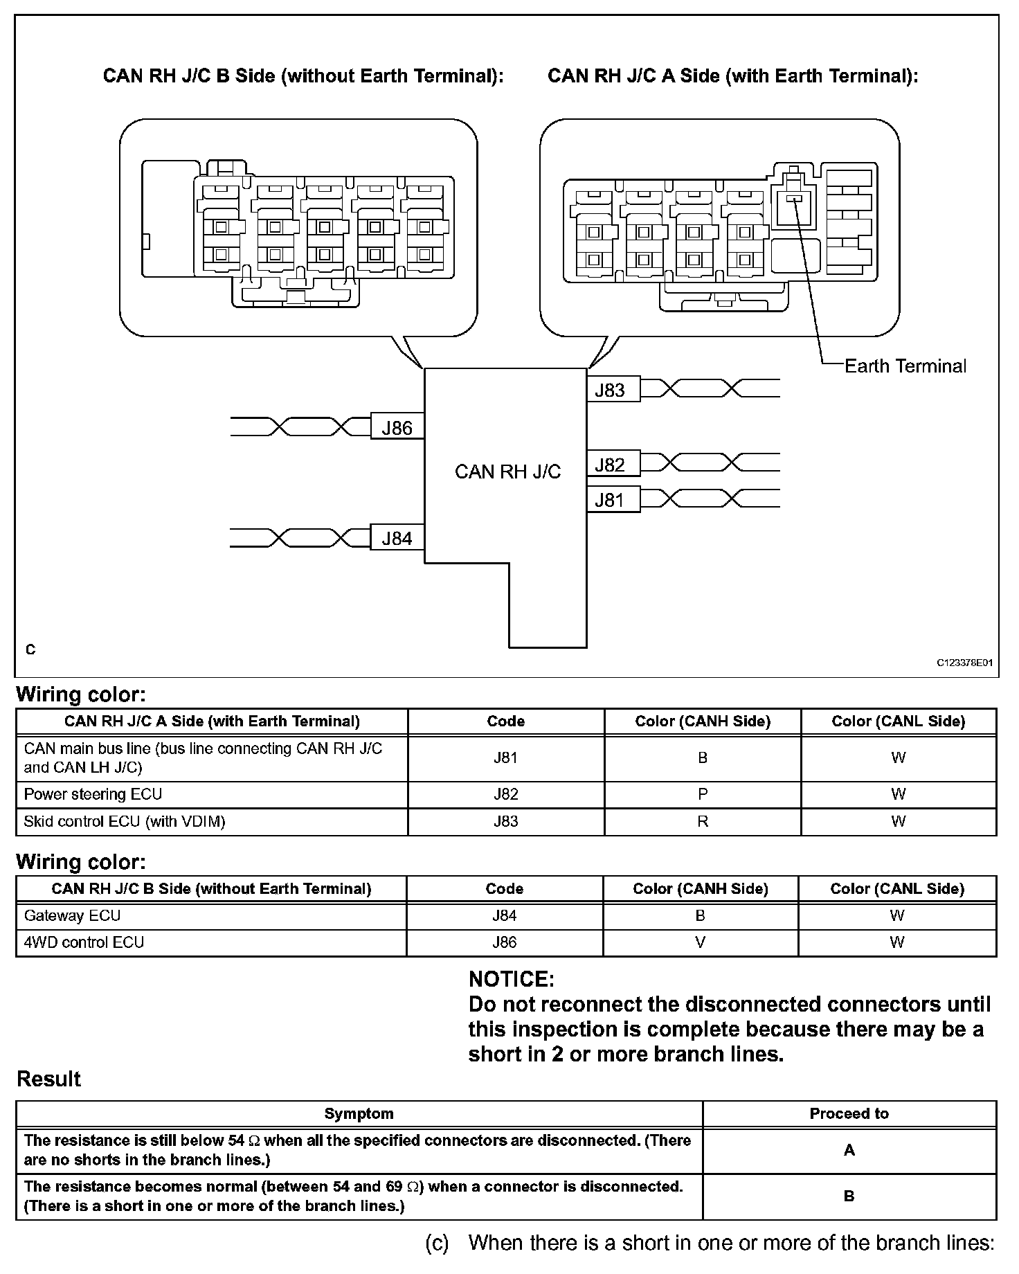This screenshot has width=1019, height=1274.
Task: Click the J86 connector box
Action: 397,428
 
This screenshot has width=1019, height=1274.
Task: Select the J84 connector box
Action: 397,538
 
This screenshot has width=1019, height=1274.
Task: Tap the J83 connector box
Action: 613,390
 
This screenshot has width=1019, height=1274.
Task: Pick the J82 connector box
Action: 613,465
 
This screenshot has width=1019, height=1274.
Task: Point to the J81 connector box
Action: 613,500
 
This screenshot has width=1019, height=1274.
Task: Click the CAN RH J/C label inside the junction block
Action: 507,472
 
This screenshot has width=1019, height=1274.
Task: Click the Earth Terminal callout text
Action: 905,366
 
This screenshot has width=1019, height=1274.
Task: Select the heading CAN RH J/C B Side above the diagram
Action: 303,75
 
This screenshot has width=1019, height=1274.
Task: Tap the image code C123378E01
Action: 965,663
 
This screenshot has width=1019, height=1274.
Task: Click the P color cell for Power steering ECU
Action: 703,794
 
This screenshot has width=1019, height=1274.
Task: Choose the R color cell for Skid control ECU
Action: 703,821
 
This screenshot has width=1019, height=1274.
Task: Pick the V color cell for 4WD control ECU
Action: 700,942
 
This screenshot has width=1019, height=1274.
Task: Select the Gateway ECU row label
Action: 72,915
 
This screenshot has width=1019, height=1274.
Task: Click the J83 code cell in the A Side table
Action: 506,821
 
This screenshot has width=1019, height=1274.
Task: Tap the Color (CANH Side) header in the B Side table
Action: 700,889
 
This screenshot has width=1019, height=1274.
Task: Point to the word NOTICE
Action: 512,979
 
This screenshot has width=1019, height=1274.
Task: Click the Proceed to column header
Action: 849,1113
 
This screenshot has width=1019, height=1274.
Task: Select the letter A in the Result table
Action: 849,1150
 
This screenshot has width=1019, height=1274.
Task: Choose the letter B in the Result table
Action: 849,1196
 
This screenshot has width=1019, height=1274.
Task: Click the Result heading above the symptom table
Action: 48,1079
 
